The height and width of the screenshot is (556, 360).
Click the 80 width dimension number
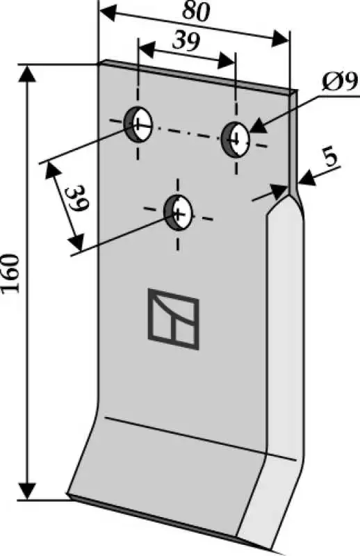pyautogui.click(x=197, y=12)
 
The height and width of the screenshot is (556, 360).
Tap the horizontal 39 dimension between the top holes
pyautogui.click(x=186, y=42)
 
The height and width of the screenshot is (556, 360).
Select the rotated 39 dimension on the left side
pyautogui.click(x=77, y=198)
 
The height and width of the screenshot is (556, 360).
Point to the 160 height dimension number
pyautogui.click(x=10, y=273)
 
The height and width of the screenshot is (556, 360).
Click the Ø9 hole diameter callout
pyautogui.click(x=338, y=83)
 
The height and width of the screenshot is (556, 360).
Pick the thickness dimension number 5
pyautogui.click(x=331, y=160)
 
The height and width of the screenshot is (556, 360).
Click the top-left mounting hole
pyautogui.click(x=138, y=124)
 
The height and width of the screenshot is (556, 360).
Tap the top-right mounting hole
pyautogui.click(x=236, y=140)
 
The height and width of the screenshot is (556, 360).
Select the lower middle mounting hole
pyautogui.click(x=178, y=212)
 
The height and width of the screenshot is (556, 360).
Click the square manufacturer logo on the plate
pyautogui.click(x=174, y=319)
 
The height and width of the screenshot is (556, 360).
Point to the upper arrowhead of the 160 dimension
pyautogui.click(x=27, y=75)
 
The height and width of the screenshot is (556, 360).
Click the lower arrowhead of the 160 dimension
pyautogui.click(x=26, y=490)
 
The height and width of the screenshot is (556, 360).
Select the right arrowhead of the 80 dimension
pyautogui.click(x=280, y=38)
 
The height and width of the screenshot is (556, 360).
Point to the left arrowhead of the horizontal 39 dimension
pyautogui.click(x=147, y=49)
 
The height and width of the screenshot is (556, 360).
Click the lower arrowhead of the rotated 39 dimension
pyautogui.click(x=76, y=243)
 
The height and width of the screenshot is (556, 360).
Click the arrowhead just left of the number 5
pyautogui.click(x=306, y=177)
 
